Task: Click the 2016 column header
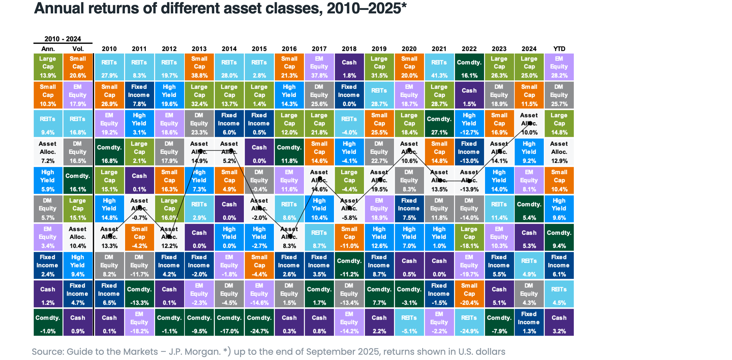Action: point(289,49)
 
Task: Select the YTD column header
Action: point(559,49)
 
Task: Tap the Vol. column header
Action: point(78,49)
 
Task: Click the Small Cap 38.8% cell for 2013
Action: point(199,67)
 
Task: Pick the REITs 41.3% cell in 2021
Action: point(439,67)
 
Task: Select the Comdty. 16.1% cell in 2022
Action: point(469,67)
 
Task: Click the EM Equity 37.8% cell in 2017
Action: point(319,67)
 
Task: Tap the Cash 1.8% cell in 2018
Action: point(349,67)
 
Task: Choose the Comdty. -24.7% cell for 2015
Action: point(259,322)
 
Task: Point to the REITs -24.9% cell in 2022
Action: point(469,322)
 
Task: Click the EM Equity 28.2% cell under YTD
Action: point(559,67)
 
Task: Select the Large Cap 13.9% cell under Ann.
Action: point(48,67)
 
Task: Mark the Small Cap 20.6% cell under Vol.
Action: point(78,67)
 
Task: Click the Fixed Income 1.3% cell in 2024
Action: point(529,322)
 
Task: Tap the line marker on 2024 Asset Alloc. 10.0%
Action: point(530,123)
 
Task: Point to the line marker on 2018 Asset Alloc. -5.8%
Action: point(349,208)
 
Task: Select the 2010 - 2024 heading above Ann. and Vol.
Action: point(63,39)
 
